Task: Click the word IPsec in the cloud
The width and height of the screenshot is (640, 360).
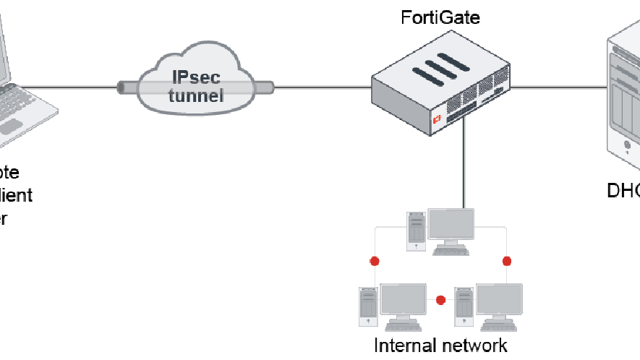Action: (x=196, y=78)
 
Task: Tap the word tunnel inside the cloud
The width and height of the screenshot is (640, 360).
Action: (x=196, y=95)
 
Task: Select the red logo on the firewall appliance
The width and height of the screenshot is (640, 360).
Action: (x=436, y=120)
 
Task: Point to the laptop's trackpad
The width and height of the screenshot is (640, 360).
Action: (x=10, y=127)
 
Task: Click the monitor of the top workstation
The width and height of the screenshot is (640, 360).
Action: (x=451, y=223)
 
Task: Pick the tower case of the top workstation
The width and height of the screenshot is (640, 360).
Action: (x=416, y=231)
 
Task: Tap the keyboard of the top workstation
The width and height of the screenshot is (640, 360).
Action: (x=451, y=251)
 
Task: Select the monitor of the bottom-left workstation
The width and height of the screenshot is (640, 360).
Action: (x=403, y=299)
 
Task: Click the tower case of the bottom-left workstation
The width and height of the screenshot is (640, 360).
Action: (x=368, y=307)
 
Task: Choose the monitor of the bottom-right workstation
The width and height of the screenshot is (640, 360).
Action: (x=498, y=299)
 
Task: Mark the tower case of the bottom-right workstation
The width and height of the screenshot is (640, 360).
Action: (x=464, y=307)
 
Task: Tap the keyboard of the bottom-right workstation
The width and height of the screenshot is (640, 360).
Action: (x=498, y=326)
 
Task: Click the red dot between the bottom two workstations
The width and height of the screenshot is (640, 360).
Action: (x=440, y=300)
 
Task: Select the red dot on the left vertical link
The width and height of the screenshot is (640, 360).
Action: (x=375, y=261)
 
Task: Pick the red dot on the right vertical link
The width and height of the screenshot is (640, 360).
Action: (x=506, y=261)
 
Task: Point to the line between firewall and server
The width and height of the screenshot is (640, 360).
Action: (x=557, y=87)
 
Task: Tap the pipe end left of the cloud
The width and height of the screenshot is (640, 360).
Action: (x=121, y=87)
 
